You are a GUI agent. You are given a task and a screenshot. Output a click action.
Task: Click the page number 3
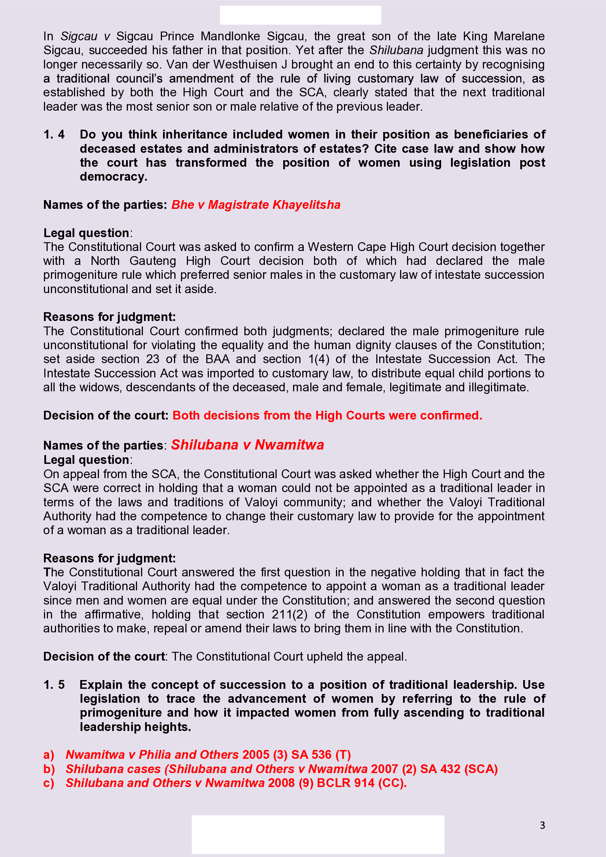pyautogui.click(x=542, y=825)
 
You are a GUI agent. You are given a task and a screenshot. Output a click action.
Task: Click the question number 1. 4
pyautogui.click(x=54, y=134)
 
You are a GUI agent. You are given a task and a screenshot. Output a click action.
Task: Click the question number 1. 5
pyautogui.click(x=54, y=684)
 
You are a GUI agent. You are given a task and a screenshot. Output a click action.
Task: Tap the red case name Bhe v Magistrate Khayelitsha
pyautogui.click(x=256, y=205)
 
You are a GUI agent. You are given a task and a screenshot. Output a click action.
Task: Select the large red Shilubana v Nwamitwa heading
pyautogui.click(x=247, y=445)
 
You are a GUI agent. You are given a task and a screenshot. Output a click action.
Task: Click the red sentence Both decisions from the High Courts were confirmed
pyautogui.click(x=327, y=415)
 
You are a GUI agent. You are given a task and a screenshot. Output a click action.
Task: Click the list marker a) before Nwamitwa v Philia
pyautogui.click(x=49, y=755)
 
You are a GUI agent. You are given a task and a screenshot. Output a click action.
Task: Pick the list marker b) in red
pyautogui.click(x=49, y=769)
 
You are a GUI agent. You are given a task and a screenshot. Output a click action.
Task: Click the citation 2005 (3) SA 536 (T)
pyautogui.click(x=297, y=755)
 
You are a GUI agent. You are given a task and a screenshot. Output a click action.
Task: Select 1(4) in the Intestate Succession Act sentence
pyautogui.click(x=319, y=359)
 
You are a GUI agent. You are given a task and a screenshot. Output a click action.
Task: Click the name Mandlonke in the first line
pyautogui.click(x=230, y=36)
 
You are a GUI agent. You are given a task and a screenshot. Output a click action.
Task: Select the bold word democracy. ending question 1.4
pyautogui.click(x=114, y=177)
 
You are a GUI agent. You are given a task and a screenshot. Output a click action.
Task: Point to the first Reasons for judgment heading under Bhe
pyautogui.click(x=109, y=317)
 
